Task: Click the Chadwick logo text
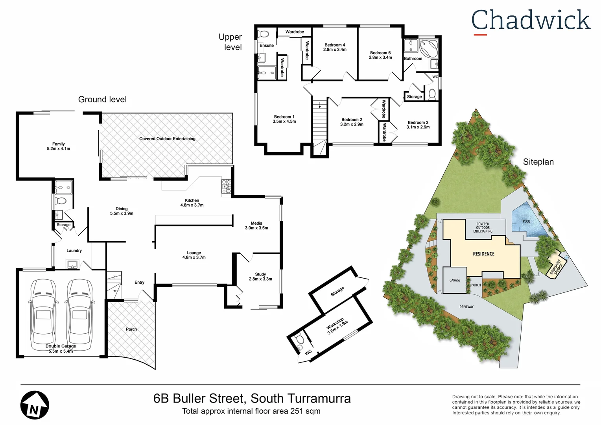tap(531, 20)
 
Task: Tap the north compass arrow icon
tap(35, 405)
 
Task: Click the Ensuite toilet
tap(263, 34)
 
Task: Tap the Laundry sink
tap(72, 264)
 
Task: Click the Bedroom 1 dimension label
tap(284, 122)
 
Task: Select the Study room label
tap(260, 274)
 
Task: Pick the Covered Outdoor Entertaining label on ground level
tap(167, 139)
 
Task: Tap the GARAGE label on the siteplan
tap(455, 280)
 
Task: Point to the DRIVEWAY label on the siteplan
tap(466, 307)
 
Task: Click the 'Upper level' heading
tap(230, 42)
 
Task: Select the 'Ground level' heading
tap(102, 100)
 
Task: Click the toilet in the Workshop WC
tap(299, 338)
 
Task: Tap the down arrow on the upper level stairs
tap(320, 105)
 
